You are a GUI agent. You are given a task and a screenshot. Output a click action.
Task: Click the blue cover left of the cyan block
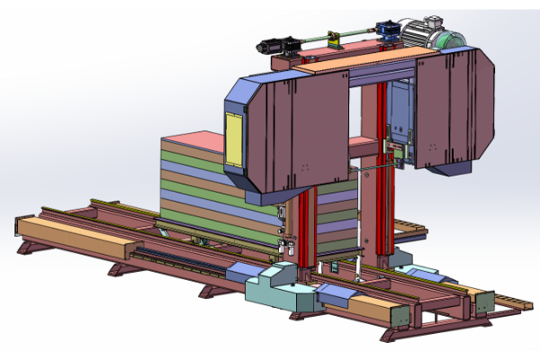tap(245, 270)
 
